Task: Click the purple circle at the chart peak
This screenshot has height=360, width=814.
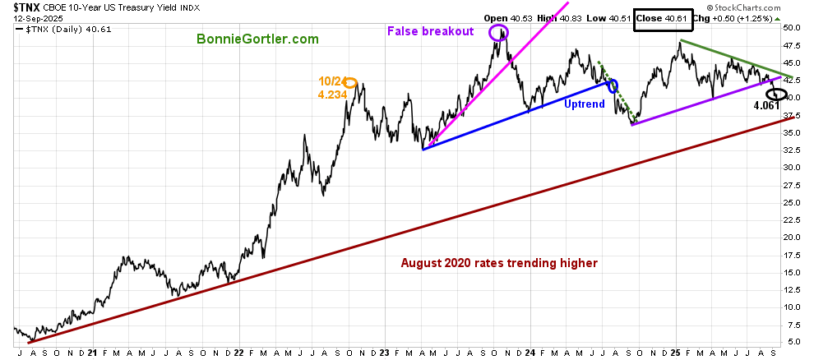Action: coord(498,33)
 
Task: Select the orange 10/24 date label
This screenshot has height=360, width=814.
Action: coord(331,81)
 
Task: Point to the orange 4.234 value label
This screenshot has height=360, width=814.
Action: coord(331,95)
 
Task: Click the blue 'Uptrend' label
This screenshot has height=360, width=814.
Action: coord(585,104)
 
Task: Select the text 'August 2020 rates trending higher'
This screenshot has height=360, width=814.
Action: coord(499,263)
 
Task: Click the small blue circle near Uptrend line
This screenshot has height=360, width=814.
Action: coord(612,85)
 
